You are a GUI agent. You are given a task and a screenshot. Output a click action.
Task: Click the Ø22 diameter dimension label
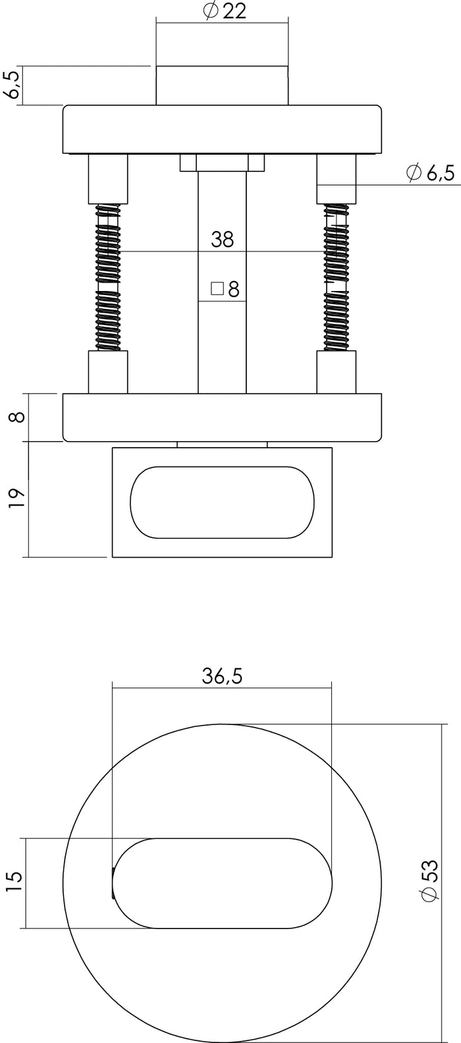(x=225, y=11)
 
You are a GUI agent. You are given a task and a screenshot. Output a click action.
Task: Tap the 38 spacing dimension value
(x=222, y=240)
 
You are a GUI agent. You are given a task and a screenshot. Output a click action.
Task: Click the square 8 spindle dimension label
(x=225, y=289)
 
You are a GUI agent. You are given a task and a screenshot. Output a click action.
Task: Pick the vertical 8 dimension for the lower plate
(x=18, y=417)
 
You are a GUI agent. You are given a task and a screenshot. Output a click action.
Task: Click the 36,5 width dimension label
(x=223, y=677)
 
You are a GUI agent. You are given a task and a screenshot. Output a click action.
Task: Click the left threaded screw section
(x=108, y=277)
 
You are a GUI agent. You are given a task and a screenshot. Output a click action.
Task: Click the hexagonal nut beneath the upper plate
(x=223, y=163)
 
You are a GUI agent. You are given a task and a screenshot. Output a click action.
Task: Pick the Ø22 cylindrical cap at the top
(x=222, y=86)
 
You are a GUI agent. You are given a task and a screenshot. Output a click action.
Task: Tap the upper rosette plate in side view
(x=222, y=129)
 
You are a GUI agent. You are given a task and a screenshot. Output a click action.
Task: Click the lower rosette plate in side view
(x=222, y=417)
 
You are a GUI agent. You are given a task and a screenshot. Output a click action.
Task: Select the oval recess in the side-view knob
(x=222, y=502)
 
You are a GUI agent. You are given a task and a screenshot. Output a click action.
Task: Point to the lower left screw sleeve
(x=108, y=372)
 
